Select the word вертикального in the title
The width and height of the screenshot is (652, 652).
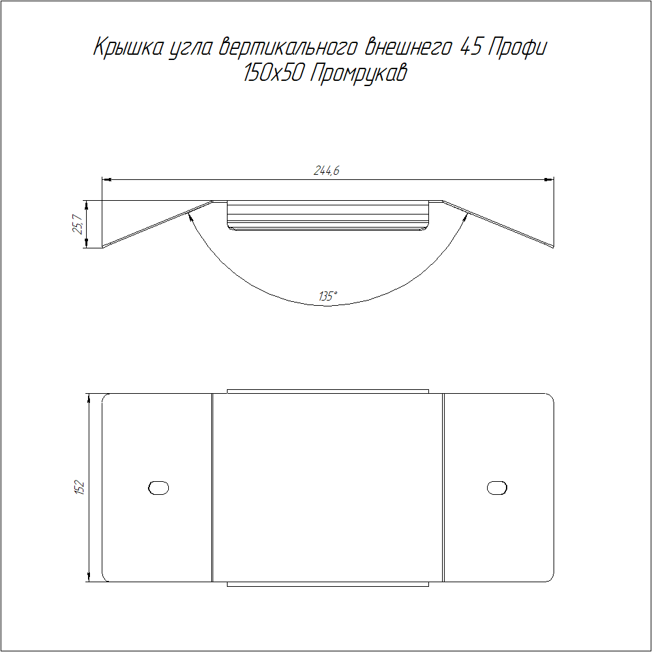pyautogui.click(x=288, y=47)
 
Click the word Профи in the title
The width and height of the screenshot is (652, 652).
pyautogui.click(x=517, y=48)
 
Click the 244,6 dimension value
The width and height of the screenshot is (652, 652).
pyautogui.click(x=327, y=170)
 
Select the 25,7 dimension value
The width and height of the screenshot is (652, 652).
pyautogui.click(x=78, y=224)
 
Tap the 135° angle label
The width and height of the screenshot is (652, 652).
pyautogui.click(x=328, y=297)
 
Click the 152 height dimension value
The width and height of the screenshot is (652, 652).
pyautogui.click(x=79, y=488)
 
